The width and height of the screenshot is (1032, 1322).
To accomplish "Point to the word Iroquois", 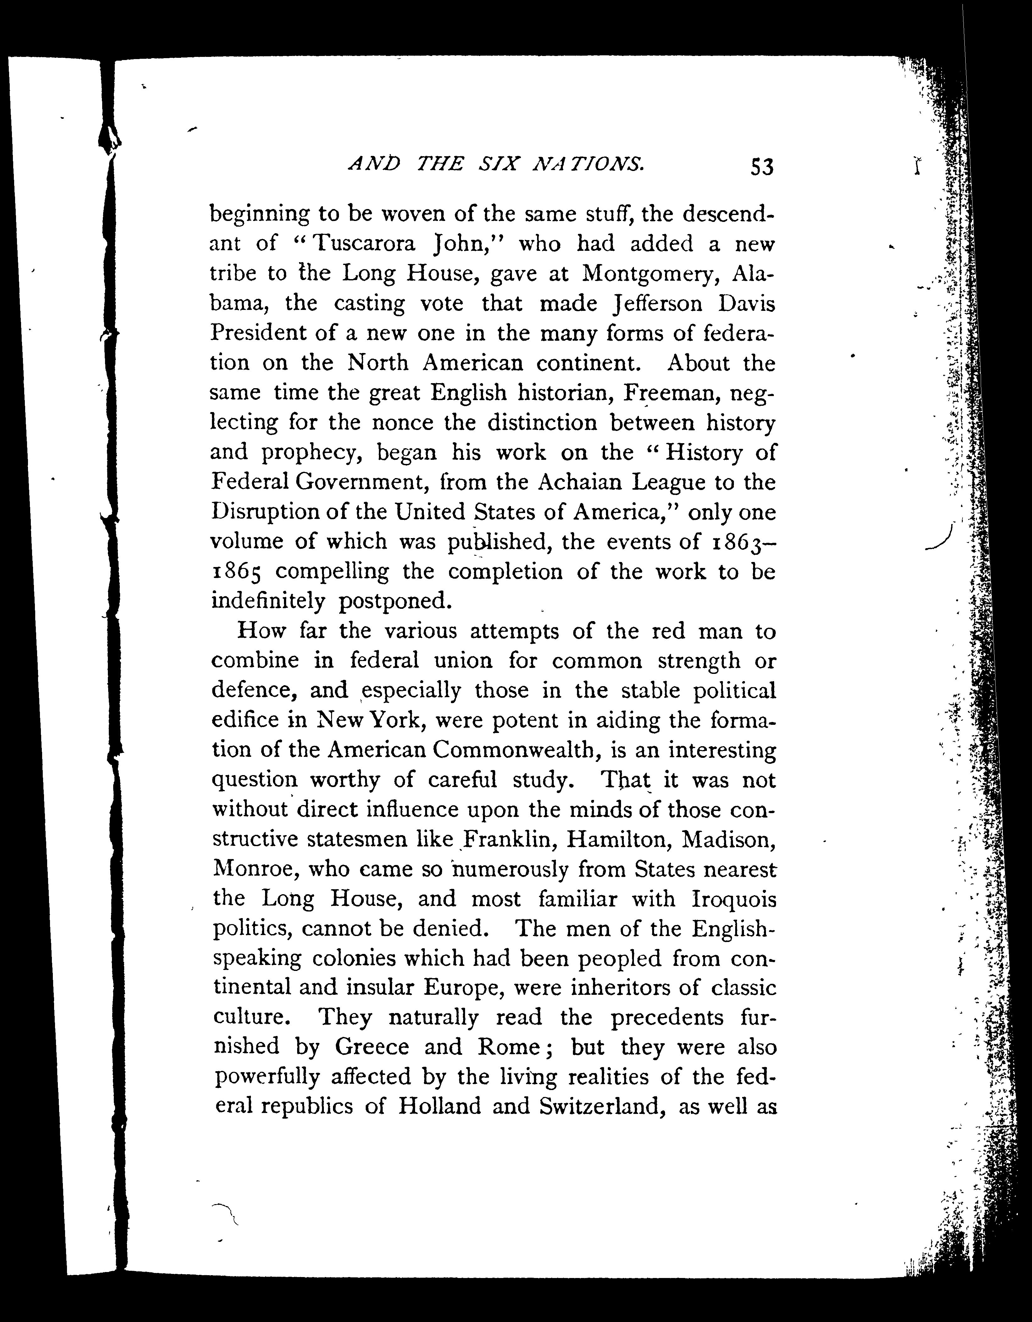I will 733,900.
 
